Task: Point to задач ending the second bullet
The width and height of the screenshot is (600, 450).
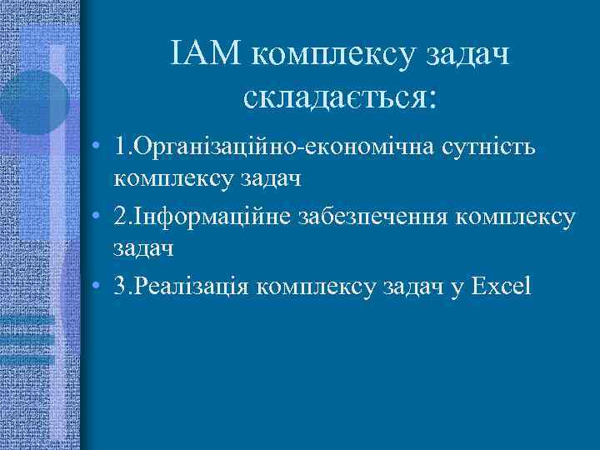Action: click(x=142, y=247)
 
